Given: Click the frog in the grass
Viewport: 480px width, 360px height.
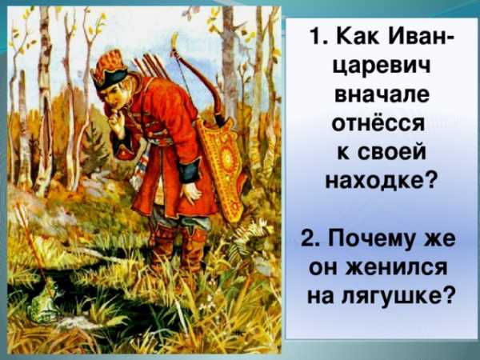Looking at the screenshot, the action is [44, 302].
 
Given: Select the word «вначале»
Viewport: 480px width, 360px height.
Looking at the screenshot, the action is [382, 95].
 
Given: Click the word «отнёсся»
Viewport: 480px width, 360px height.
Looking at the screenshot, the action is [378, 124].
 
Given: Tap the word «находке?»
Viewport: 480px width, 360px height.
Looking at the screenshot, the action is [381, 182].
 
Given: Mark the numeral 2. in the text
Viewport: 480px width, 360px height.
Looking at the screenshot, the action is [312, 238].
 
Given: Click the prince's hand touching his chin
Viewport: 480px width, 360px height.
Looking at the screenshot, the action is [116, 121].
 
